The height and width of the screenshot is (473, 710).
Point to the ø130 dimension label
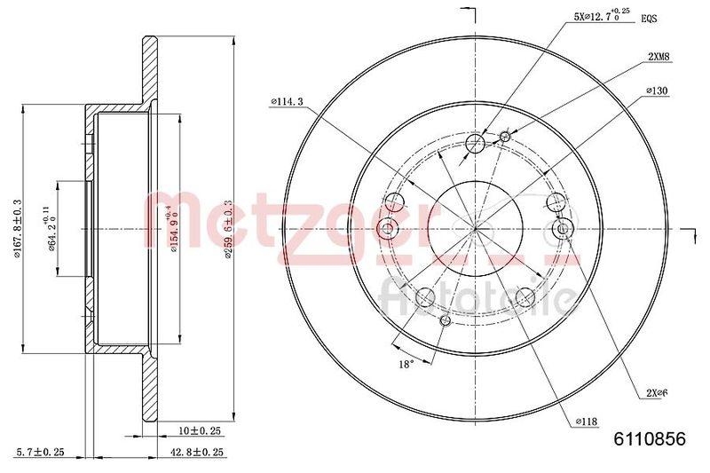[x=657, y=91]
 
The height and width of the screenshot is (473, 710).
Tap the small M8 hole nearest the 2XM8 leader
[x=505, y=136]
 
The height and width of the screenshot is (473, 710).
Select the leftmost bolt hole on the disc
[x=387, y=230]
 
